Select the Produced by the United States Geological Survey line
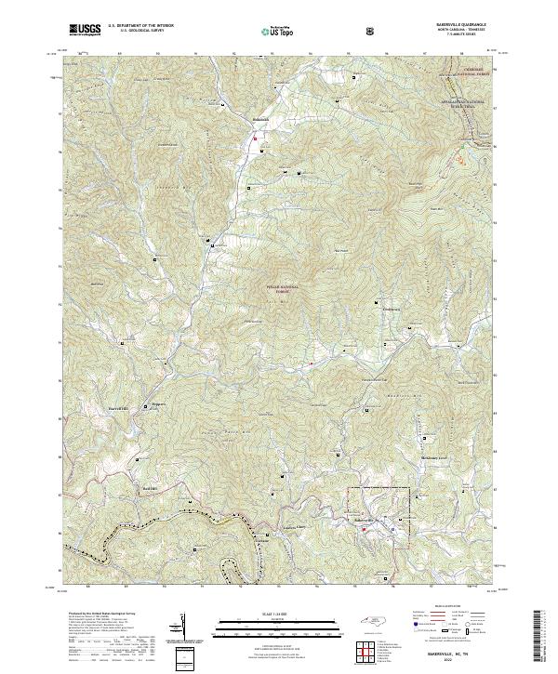101,615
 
